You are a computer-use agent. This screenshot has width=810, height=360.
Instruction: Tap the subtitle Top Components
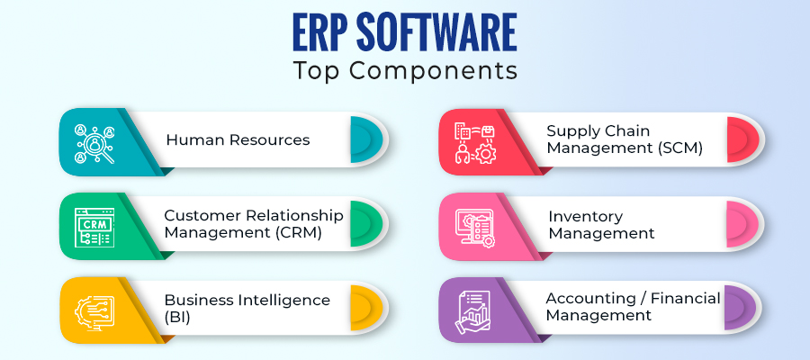405,71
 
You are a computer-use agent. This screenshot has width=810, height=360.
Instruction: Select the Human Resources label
238,139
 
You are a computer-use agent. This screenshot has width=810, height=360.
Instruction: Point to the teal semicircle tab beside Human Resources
366,139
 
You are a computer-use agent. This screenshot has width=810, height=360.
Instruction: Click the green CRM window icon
94,228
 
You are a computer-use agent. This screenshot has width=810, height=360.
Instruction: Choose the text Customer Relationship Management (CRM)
254,223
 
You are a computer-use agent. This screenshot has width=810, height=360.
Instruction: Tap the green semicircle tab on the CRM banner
366,223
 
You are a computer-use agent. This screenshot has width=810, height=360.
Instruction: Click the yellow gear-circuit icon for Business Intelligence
94,310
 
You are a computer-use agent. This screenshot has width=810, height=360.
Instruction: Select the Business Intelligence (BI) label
247,309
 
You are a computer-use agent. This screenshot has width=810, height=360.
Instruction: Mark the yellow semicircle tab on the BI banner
366,309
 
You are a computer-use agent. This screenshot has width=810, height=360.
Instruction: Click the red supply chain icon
474,142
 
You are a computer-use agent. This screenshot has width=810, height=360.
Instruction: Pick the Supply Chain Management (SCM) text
625,139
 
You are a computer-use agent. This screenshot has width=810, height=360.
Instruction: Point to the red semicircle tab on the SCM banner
742,139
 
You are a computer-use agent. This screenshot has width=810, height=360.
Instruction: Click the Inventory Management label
601,225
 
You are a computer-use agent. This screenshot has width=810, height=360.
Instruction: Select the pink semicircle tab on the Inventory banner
742,223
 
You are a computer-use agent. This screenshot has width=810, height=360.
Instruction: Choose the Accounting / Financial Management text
633,306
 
